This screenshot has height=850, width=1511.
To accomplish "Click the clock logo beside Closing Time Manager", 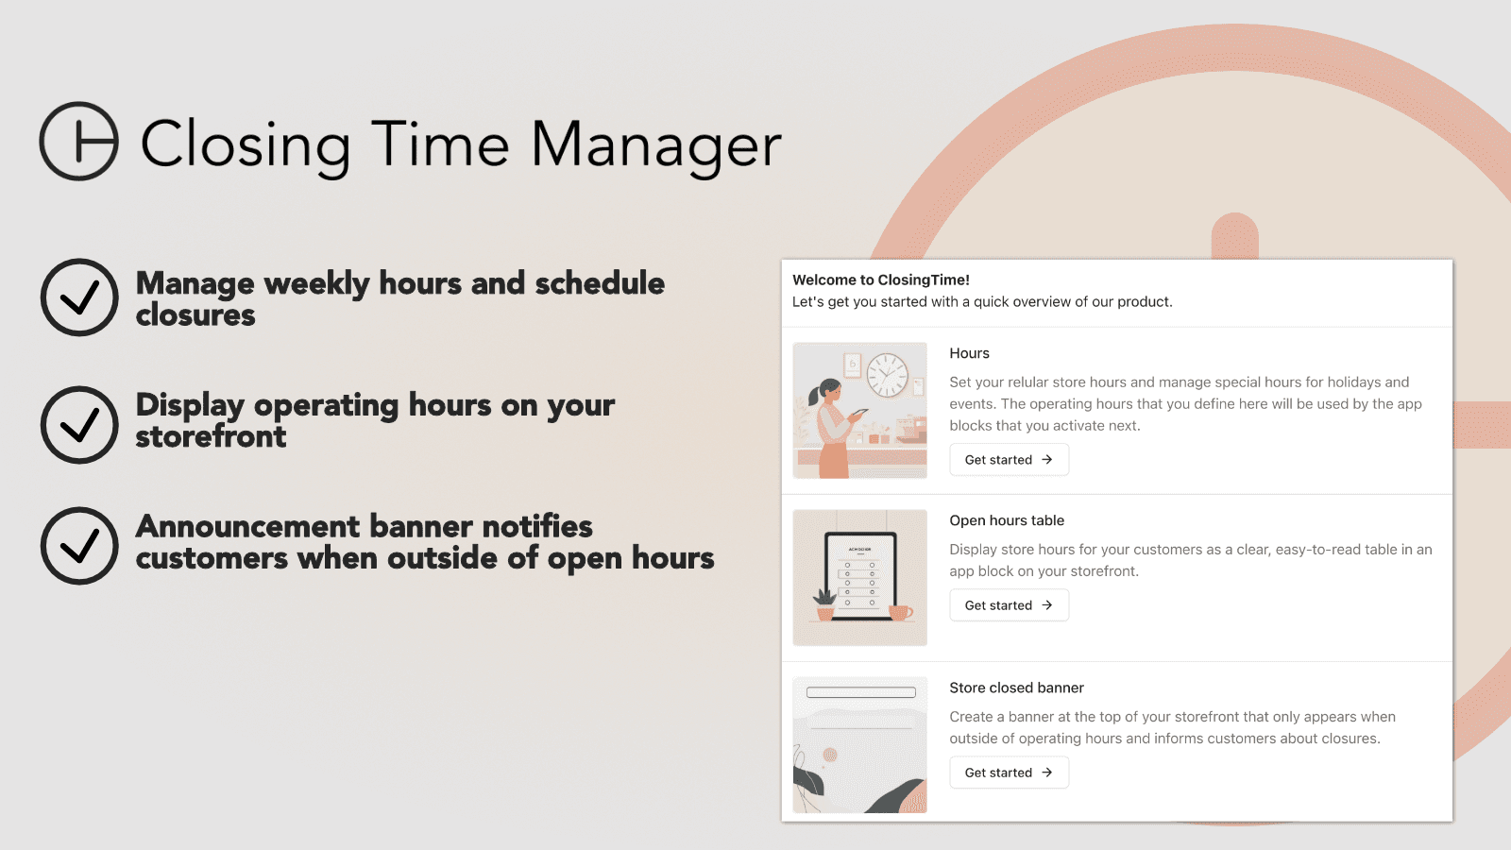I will [79, 142].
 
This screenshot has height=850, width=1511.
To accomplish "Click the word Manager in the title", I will [655, 145].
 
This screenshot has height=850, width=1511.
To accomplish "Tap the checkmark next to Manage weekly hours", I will [79, 297].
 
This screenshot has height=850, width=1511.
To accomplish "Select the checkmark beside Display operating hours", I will [79, 425].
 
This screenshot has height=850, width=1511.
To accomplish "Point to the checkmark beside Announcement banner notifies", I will [79, 546].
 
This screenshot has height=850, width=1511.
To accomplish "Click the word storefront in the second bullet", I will [211, 437].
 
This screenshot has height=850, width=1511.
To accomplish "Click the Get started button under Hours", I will [1009, 460].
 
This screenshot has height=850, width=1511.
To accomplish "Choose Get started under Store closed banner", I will [1009, 773].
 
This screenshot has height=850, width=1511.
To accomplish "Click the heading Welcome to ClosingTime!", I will [880, 280].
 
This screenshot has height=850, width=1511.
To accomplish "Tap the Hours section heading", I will [969, 353].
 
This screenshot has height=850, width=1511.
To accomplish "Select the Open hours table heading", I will [1006, 520].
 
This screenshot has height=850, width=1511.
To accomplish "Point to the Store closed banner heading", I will [1016, 688].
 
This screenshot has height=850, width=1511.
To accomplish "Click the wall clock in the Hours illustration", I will [887, 375].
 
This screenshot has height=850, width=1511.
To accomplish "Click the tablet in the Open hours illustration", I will [859, 576].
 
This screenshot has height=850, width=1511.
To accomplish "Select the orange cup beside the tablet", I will [900, 613].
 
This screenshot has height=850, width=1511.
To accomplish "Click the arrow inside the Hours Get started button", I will [1046, 460].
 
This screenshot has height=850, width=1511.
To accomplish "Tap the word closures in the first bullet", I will [195, 315].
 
